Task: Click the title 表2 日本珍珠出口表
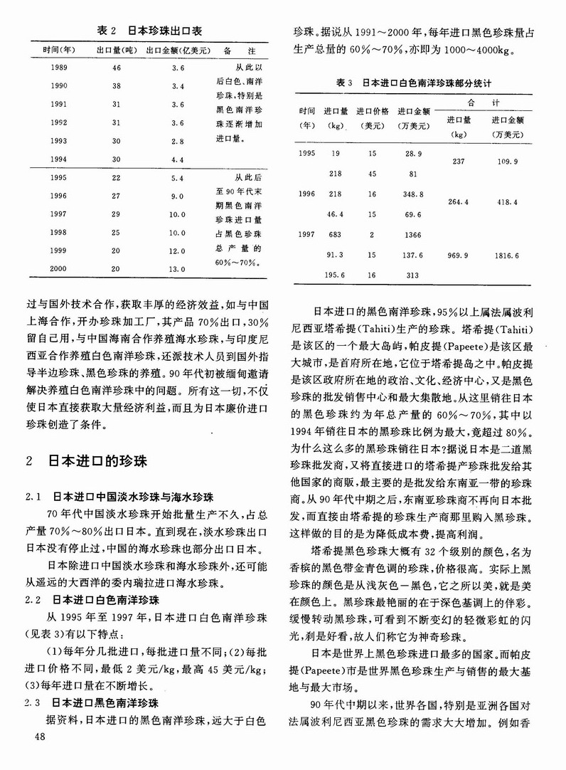(149, 31)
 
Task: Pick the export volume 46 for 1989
(116, 68)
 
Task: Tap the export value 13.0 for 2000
(177, 270)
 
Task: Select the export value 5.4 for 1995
(177, 178)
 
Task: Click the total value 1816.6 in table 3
(508, 255)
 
